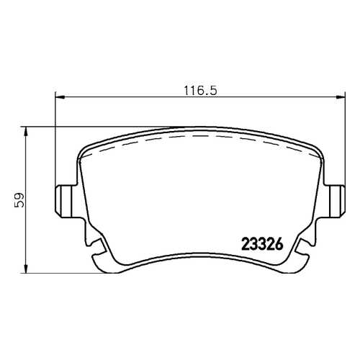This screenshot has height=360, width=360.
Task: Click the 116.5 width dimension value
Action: [x=200, y=91]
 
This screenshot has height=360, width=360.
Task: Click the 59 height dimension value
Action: [x=19, y=199]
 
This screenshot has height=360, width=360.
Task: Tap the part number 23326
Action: [x=262, y=245]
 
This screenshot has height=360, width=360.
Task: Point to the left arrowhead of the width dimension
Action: [x=60, y=97]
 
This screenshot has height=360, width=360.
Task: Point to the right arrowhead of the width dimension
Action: [x=341, y=97]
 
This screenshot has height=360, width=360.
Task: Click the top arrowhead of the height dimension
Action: [x=26, y=132]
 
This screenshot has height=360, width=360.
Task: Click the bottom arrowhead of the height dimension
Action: [x=26, y=269]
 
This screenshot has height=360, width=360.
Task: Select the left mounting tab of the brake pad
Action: [x=66, y=201]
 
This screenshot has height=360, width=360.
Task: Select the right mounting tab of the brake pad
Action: [x=335, y=201]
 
